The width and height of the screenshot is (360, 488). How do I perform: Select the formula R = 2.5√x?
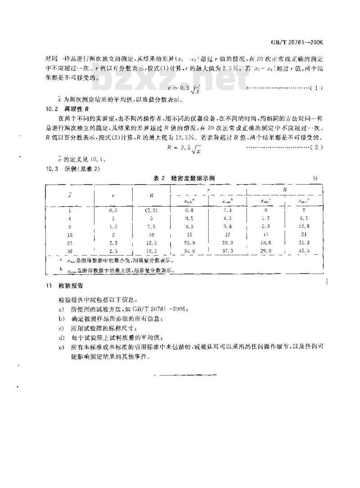point(185,148)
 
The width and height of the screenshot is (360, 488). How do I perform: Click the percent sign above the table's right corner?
point(315,179)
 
